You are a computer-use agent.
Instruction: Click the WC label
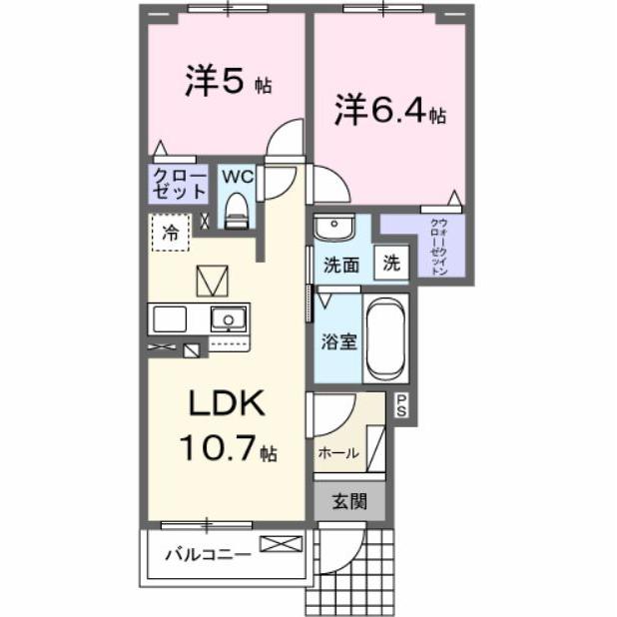236,176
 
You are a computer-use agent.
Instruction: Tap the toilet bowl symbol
237,210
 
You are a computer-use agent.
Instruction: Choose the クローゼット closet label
180,184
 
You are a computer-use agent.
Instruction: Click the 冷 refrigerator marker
171,233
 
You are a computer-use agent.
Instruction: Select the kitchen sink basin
229,319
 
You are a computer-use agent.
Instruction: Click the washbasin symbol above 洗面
332,227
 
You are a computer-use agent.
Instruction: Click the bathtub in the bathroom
383,339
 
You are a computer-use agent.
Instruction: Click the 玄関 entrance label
349,501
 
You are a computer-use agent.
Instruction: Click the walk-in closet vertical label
438,246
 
